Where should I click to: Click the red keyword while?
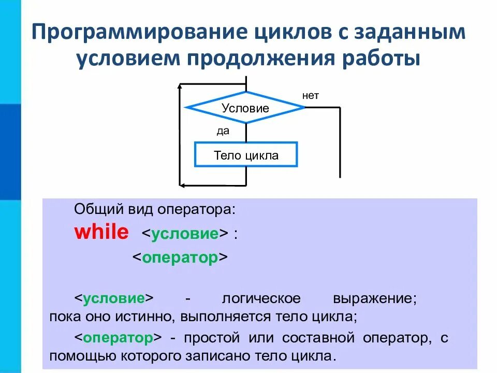click(101, 233)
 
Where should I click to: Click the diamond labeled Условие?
click(245, 108)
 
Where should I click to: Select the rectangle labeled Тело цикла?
click(245, 155)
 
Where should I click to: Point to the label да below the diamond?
click(223, 131)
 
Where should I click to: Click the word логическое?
click(261, 299)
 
